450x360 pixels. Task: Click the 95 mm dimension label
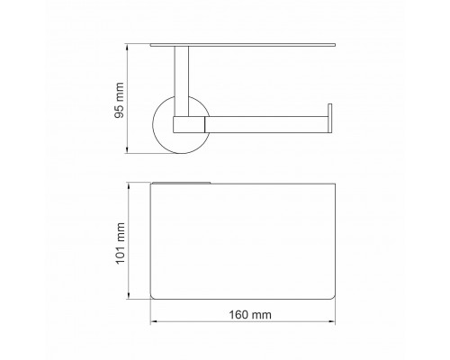pyautogui.click(x=120, y=100)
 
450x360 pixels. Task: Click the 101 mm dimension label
pyautogui.click(x=120, y=243)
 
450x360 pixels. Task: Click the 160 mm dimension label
pyautogui.click(x=250, y=315)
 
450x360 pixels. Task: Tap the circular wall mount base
pyautogui.click(x=162, y=141)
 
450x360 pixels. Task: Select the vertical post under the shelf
pyautogui.click(x=182, y=81)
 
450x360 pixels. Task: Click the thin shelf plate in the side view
pyautogui.click(x=243, y=45)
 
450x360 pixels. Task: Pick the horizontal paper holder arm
pyautogui.click(x=268, y=124)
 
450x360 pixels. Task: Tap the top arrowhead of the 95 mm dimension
pyautogui.click(x=127, y=47)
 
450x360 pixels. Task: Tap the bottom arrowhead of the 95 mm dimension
pyautogui.click(x=127, y=150)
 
